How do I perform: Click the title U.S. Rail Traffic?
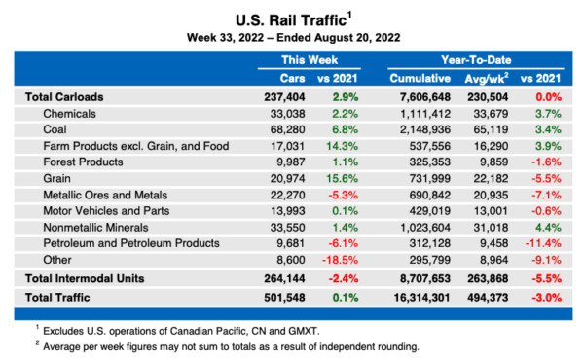point(291,18)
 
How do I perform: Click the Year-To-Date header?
point(477,59)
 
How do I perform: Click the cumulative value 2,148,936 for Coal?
point(424,129)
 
